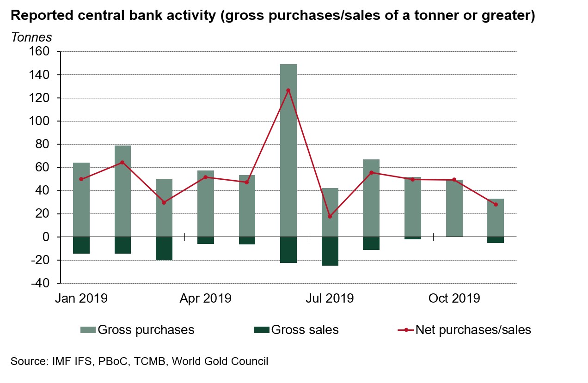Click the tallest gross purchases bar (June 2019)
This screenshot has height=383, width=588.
[288, 150]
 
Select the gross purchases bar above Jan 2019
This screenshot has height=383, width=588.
[81, 200]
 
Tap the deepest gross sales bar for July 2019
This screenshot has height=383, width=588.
[330, 251]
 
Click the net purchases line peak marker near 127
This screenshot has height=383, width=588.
[288, 90]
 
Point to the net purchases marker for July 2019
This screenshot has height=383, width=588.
[330, 217]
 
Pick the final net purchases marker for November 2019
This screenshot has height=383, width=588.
[496, 204]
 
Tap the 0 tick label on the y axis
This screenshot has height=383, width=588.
[45, 237]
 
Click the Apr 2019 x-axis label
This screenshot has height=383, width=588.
[205, 298]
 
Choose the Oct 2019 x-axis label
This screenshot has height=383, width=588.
[454, 298]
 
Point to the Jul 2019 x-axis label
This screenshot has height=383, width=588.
[330, 298]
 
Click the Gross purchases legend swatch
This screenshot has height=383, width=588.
[88, 330]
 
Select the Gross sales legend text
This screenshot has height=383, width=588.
[305, 330]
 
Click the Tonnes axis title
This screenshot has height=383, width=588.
[31, 37]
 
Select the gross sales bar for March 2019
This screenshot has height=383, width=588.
[164, 249]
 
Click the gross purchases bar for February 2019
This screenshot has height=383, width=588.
[122, 191]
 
